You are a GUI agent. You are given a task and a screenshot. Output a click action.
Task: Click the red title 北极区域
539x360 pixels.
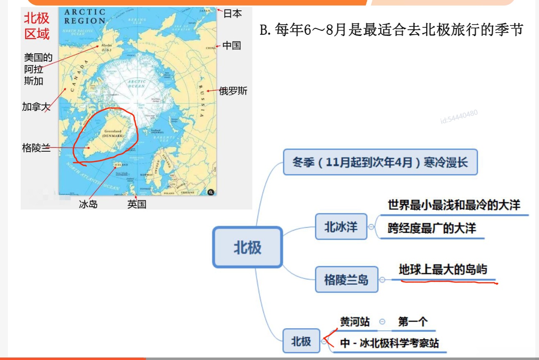pos(37,26)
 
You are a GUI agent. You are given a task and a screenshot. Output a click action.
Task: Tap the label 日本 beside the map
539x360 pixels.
pos(232,14)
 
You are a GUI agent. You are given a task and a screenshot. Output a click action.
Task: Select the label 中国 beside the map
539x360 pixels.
pos(232,45)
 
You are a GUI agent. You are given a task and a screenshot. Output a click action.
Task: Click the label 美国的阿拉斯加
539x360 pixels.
pos(38,69)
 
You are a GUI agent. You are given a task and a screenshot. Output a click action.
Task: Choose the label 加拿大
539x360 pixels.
pos(36,107)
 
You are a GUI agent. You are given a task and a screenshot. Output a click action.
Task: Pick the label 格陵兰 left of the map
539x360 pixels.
pos(36,148)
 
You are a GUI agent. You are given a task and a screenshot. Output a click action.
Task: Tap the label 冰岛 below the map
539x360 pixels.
pos(88,204)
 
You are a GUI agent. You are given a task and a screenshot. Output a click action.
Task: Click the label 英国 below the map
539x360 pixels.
pos(137,204)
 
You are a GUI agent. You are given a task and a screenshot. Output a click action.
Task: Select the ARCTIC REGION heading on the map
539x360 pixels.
pos(85,17)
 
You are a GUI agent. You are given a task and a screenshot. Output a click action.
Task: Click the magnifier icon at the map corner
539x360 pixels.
pos(211,192)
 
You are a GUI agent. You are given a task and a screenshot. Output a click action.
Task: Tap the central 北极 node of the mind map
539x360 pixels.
pos(247,248)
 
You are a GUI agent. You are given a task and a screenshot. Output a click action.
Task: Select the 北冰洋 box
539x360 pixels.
pos(341,226)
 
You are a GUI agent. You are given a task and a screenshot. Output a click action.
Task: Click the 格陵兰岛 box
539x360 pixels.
pos(346,279)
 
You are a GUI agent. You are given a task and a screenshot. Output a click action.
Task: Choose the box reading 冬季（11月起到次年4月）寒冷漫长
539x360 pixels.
pos(380,162)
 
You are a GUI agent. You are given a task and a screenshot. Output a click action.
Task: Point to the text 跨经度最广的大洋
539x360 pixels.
pos(431,229)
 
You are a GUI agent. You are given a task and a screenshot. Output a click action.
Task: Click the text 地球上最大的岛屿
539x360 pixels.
pos(443,270)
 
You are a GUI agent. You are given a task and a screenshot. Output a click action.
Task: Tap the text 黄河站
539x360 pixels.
pos(355,322)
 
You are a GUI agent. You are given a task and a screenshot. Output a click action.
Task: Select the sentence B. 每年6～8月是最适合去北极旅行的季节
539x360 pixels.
pos(391,30)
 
